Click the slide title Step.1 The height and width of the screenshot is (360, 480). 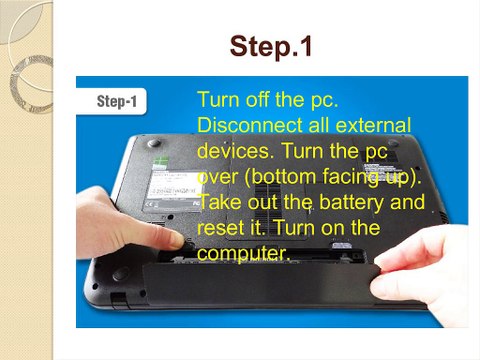(x=270, y=47)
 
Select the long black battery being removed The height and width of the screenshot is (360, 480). (x=260, y=285)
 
